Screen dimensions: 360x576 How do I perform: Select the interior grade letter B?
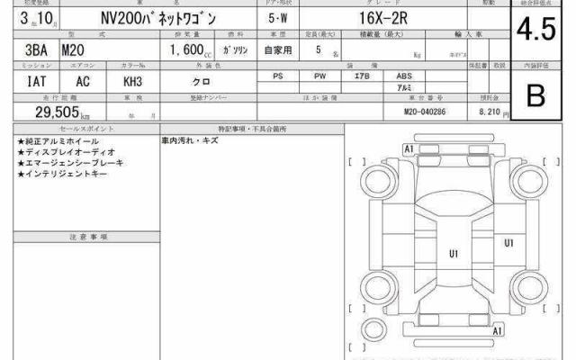(x=536, y=95)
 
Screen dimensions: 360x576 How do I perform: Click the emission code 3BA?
(x=27, y=50)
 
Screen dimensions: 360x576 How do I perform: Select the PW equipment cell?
(x=319, y=77)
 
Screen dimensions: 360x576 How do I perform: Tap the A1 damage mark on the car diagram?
(x=409, y=148)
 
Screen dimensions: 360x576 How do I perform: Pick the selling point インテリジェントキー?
(x=63, y=174)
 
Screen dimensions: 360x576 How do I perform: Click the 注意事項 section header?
(x=88, y=237)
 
